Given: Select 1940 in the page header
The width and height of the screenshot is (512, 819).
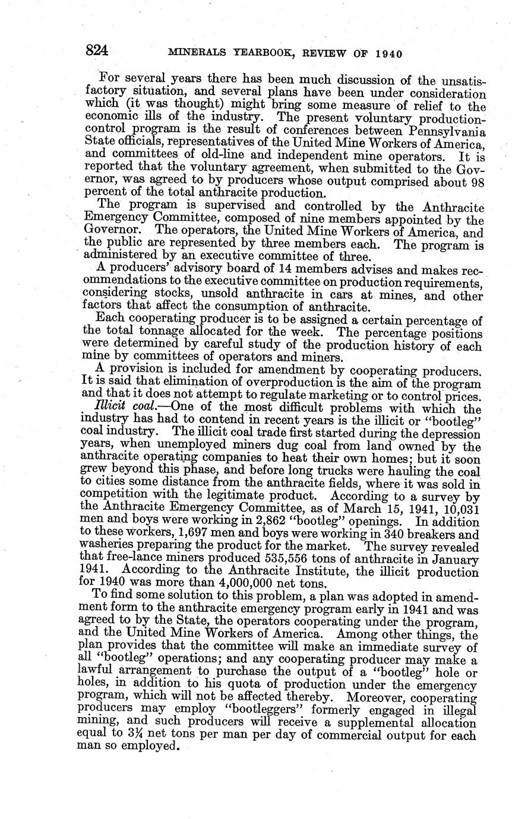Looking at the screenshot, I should (x=388, y=53).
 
